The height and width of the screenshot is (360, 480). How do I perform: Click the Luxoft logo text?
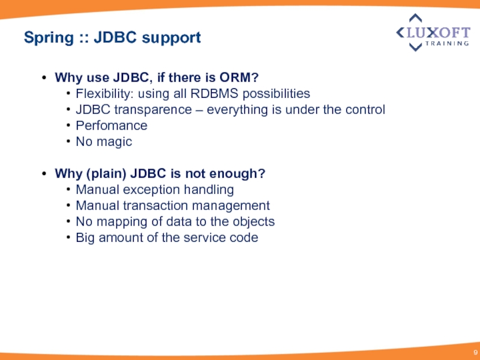pos(437,32)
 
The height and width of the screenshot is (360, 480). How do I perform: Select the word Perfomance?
pos(111,125)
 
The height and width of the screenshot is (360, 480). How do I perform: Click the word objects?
pos(255,221)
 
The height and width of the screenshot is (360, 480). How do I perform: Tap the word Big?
pos(85,238)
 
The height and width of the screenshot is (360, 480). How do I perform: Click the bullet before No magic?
pos(70,142)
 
